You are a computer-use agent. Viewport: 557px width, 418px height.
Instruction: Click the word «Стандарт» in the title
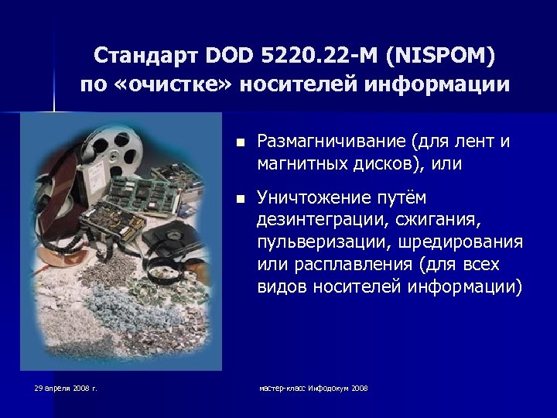coord(145,56)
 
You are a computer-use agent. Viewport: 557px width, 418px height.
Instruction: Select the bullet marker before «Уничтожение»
coord(241,199)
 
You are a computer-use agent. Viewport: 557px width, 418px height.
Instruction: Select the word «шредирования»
coord(461,242)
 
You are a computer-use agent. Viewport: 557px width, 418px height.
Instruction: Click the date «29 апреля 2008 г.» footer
coord(66,388)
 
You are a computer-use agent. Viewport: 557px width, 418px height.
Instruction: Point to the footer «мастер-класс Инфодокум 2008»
coord(313,388)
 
